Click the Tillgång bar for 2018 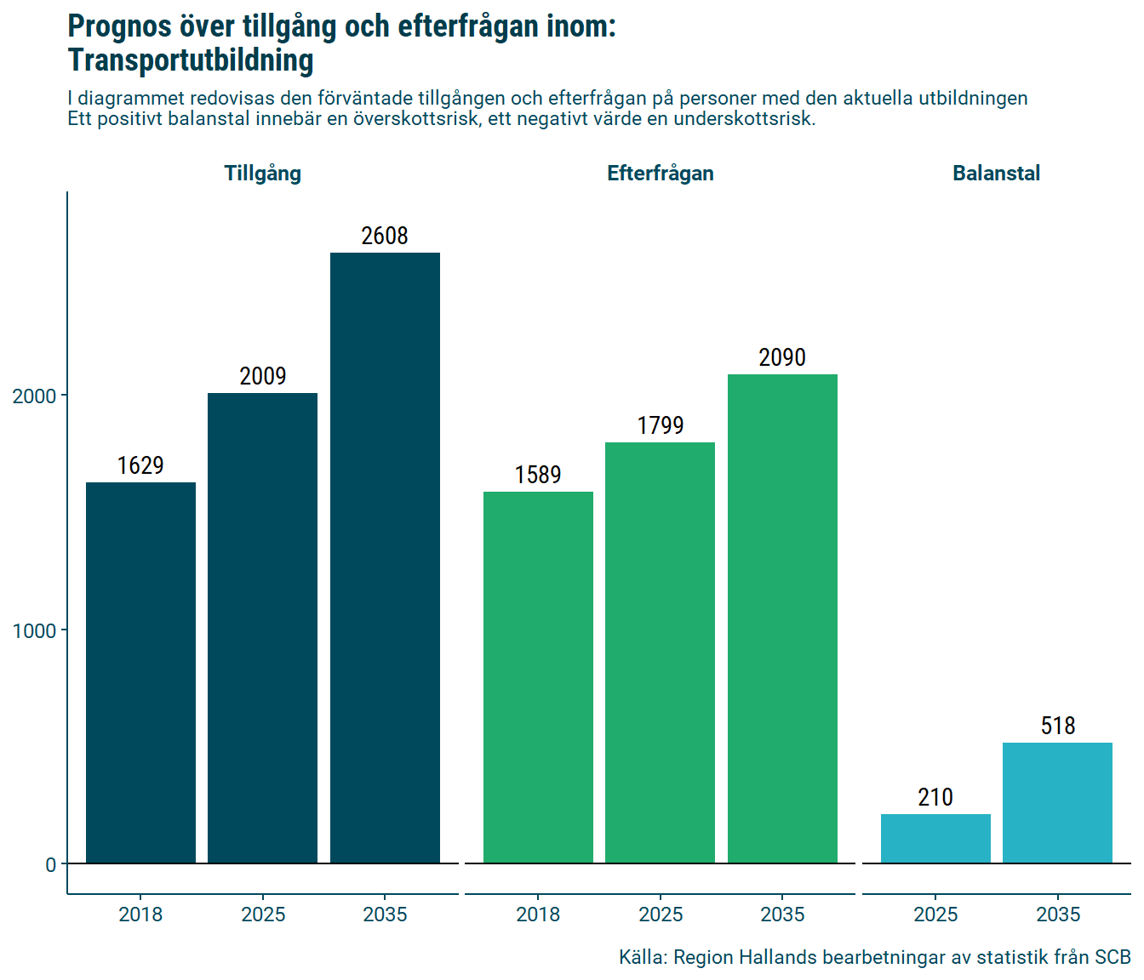(140, 672)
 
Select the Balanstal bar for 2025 (935, 839)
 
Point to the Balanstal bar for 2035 (1057, 803)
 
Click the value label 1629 (140, 465)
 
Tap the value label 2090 (782, 357)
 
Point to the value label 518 (1058, 726)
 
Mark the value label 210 (935, 797)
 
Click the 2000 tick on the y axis (34, 396)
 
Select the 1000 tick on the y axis (34, 630)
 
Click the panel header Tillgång (262, 174)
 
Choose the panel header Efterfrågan (660, 174)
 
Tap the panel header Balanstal (996, 174)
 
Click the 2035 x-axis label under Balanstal (1058, 914)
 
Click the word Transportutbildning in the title (191, 60)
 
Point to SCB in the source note (1113, 957)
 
